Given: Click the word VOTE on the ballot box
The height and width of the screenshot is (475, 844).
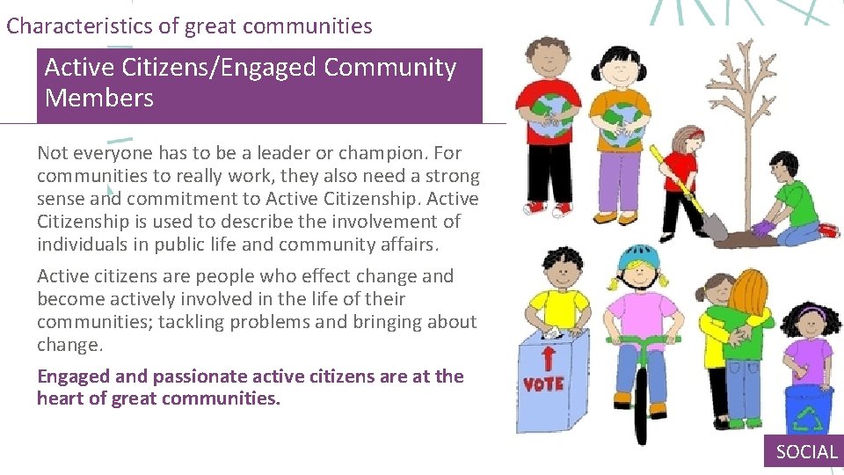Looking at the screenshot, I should click(x=543, y=384).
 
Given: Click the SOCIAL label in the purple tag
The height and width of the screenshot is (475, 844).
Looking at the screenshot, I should click(x=806, y=452).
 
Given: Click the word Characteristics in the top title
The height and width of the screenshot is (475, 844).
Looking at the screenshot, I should click(x=80, y=26).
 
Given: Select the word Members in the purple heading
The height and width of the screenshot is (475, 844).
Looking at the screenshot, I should click(x=98, y=99).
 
